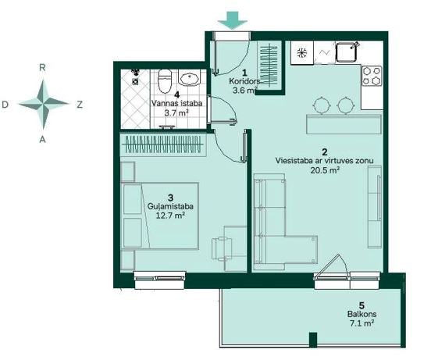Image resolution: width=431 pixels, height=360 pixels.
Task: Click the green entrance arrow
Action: point(233,20)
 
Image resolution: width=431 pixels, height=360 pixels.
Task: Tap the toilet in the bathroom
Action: point(165,81)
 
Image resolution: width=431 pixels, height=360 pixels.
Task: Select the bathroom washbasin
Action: point(189,78)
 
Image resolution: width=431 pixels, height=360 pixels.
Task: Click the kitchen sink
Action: point(347,52)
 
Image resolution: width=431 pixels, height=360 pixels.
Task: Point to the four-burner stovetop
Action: point(372,76)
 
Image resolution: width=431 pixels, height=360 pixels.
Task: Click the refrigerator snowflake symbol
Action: point(302,52)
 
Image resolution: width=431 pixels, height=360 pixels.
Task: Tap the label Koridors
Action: point(244,81)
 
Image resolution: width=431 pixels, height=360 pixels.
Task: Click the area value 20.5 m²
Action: point(325,170)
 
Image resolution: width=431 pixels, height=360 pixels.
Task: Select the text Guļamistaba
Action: point(170,206)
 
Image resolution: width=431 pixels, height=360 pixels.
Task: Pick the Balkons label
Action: point(362,314)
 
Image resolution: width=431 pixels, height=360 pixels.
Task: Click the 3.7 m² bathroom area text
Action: point(176,112)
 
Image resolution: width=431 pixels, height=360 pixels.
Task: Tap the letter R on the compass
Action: point(42,68)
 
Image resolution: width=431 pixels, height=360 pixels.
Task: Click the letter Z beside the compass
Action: point(80,105)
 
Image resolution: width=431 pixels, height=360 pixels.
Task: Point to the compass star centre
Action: point(43,104)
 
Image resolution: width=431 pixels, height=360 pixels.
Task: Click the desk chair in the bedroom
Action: point(222,248)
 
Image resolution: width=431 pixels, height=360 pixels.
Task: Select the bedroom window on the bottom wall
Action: point(159,280)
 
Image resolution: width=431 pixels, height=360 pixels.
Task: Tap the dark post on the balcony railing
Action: point(313,340)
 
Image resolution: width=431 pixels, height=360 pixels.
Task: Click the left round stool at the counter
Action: point(322,105)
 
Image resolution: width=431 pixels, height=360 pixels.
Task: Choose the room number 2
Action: point(325,152)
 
